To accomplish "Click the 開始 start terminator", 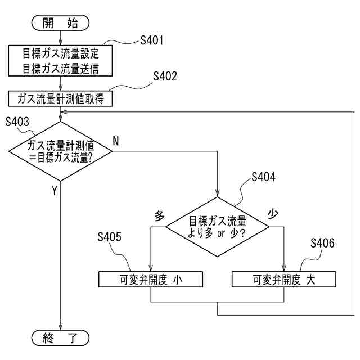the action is (60, 23).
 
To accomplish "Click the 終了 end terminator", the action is (60, 338).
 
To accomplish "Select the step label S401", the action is (152, 40).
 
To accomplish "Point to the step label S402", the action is (165, 76).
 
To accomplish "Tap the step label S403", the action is (17, 121).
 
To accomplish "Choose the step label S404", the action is (263, 177).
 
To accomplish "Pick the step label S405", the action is (109, 237).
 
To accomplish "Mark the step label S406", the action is (322, 243).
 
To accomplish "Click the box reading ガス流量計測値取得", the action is (60, 99).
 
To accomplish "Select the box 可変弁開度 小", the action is (151, 280).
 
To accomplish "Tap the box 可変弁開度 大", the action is (284, 280).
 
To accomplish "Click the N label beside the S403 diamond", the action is (116, 141).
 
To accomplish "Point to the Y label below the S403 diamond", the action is (55, 191).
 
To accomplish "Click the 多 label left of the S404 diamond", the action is (159, 216).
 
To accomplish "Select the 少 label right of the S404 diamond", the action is (273, 214).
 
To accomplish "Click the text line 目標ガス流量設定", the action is (61, 53).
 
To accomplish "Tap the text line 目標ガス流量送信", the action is (61, 69).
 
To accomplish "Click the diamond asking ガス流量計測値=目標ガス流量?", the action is (60, 151).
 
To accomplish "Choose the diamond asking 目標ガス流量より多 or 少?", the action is (218, 227).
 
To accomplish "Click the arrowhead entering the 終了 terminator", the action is (60, 327).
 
